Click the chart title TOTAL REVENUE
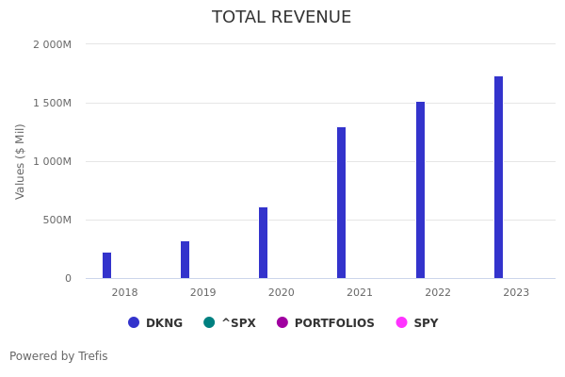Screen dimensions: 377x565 tap(282, 18)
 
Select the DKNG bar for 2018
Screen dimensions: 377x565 tap(107, 266)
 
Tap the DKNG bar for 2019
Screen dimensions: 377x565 tap(186, 260)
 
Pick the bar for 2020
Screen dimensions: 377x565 tap(264, 243)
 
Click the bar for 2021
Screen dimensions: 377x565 tap(342, 203)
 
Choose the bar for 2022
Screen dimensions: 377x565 tap(420, 190)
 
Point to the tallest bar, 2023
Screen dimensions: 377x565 tap(498, 177)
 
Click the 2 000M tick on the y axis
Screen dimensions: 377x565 tap(52, 44)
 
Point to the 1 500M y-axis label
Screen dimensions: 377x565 tap(52, 103)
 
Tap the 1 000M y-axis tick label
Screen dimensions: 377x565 tap(52, 161)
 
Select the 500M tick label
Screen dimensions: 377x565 tap(56, 220)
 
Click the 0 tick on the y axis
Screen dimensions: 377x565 tap(68, 278)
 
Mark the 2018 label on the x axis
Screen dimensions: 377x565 tap(124, 293)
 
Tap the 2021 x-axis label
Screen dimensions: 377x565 tap(360, 293)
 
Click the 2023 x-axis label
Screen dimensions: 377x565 tap(516, 293)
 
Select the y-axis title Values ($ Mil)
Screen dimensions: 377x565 tap(21, 161)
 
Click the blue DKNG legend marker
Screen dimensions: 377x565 tap(134, 322)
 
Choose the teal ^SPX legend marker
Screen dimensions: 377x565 tap(209, 322)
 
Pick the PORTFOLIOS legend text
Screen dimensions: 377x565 tap(334, 323)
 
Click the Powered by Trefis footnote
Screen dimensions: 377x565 tap(58, 356)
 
